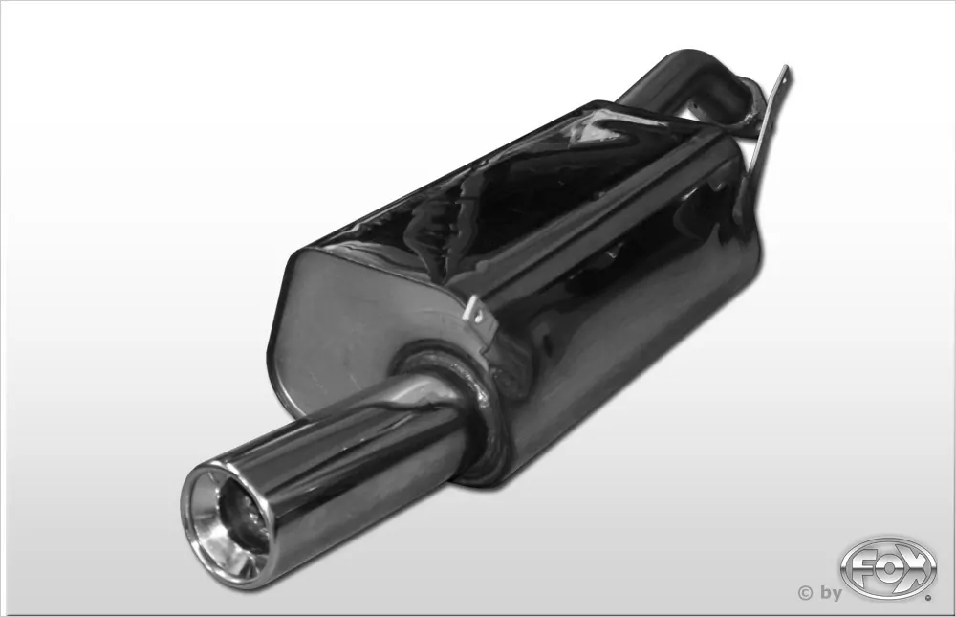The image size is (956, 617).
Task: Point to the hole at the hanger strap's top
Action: [x=783, y=77]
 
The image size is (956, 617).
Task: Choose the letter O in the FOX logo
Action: [x=886, y=564]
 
